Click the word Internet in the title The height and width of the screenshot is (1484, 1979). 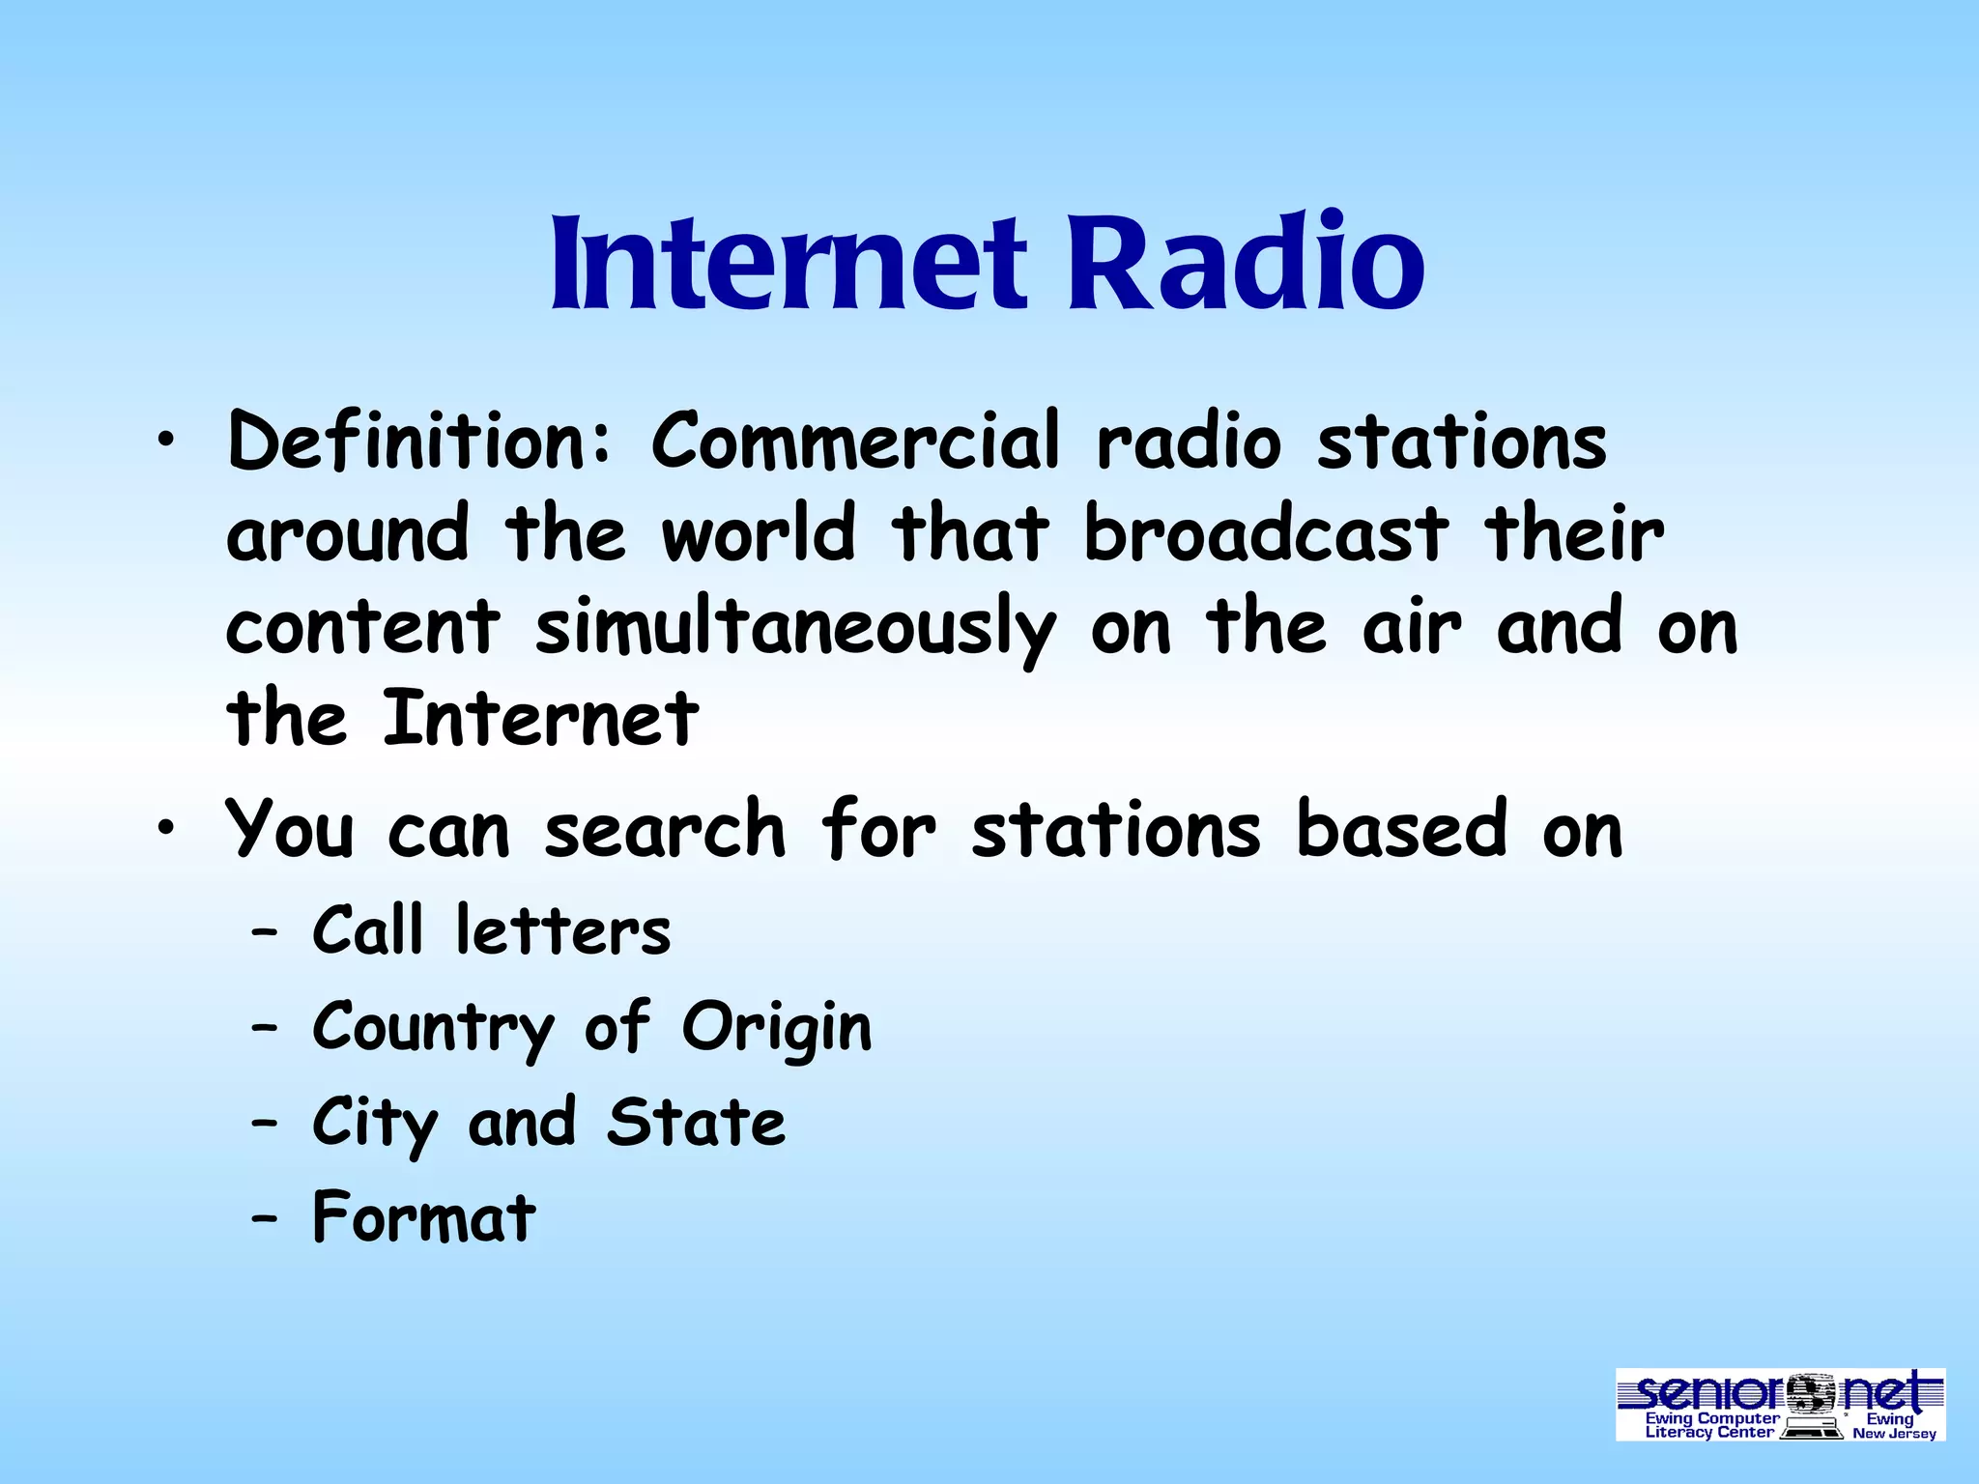point(788,261)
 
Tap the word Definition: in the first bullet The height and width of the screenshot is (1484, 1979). point(420,442)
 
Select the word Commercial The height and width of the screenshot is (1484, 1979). point(856,442)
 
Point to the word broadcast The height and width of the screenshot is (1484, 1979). point(1266,534)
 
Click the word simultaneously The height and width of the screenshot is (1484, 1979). point(795,629)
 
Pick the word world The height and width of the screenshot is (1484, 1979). point(759,534)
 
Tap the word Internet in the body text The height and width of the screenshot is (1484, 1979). point(540,720)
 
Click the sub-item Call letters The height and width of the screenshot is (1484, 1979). point(491,931)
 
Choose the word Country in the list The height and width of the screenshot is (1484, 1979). point(433,1029)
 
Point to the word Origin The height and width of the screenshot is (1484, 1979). point(777,1029)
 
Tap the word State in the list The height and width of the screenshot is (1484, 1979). point(696,1124)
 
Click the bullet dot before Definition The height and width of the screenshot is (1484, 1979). point(167,442)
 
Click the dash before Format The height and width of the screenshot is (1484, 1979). point(264,1219)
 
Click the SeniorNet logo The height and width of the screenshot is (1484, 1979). point(1780,1404)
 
